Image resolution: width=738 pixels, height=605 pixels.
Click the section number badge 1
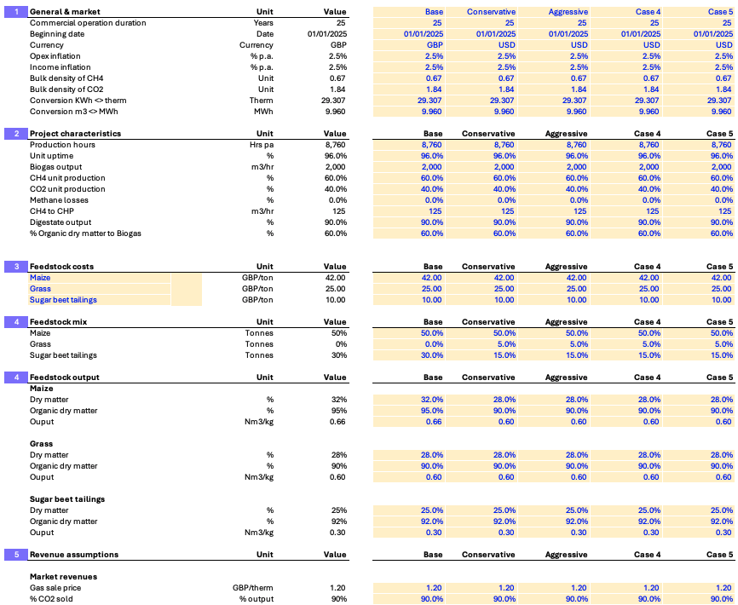pyautogui.click(x=16, y=12)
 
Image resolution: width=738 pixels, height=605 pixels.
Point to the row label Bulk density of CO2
pyautogui.click(x=66, y=89)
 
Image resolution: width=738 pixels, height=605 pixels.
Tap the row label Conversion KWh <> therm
pyautogui.click(x=78, y=101)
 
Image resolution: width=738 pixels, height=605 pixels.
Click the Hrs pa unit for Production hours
pyautogui.click(x=262, y=145)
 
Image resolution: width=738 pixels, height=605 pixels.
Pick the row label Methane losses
pyautogui.click(x=59, y=200)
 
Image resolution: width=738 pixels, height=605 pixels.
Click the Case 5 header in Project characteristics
pyautogui.click(x=719, y=134)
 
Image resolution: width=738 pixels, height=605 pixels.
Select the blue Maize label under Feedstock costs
pyautogui.click(x=40, y=278)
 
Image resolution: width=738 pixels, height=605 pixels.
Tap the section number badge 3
pyautogui.click(x=16, y=267)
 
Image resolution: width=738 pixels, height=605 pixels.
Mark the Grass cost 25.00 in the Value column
pyautogui.click(x=335, y=289)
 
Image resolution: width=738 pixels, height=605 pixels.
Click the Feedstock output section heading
pyautogui.click(x=65, y=377)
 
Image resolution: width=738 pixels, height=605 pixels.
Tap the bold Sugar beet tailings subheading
pyautogui.click(x=67, y=499)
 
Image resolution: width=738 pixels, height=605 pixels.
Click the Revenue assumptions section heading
pyautogui.click(x=74, y=555)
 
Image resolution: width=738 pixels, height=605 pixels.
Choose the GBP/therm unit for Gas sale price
pyautogui.click(x=253, y=588)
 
